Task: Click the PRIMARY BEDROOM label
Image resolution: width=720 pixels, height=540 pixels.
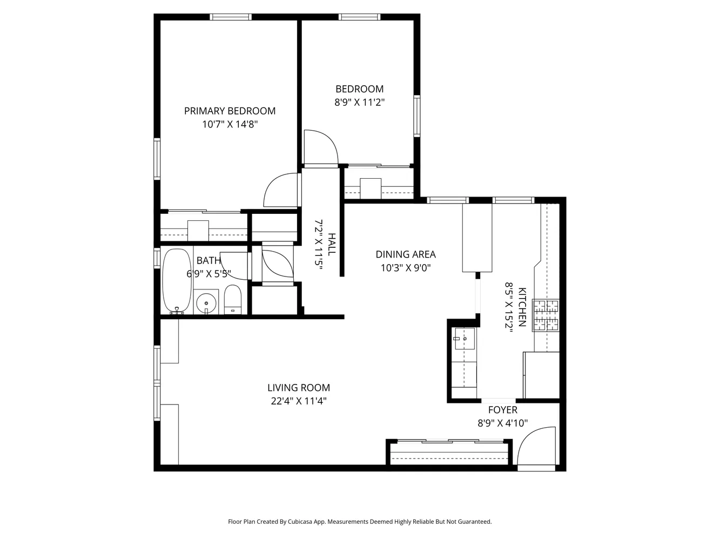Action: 230,111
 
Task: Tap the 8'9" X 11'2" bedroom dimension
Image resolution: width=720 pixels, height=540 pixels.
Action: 360,102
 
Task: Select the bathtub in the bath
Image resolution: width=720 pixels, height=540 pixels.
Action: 177,281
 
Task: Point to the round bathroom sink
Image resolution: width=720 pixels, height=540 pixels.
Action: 206,303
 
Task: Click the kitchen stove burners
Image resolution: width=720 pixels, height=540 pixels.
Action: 546,315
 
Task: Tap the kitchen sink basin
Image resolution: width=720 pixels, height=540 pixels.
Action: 465,339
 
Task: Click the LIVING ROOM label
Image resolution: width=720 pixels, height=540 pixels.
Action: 299,388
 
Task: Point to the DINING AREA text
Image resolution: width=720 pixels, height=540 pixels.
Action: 406,254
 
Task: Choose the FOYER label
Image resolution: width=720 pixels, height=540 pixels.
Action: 502,410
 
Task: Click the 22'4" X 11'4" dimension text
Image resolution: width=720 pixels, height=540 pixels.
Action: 299,401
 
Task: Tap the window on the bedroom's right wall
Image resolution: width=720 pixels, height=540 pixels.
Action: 417,115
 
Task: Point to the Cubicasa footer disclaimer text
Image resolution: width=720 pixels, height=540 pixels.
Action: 360,522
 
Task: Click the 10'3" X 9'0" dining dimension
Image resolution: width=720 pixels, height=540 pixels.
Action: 406,267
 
